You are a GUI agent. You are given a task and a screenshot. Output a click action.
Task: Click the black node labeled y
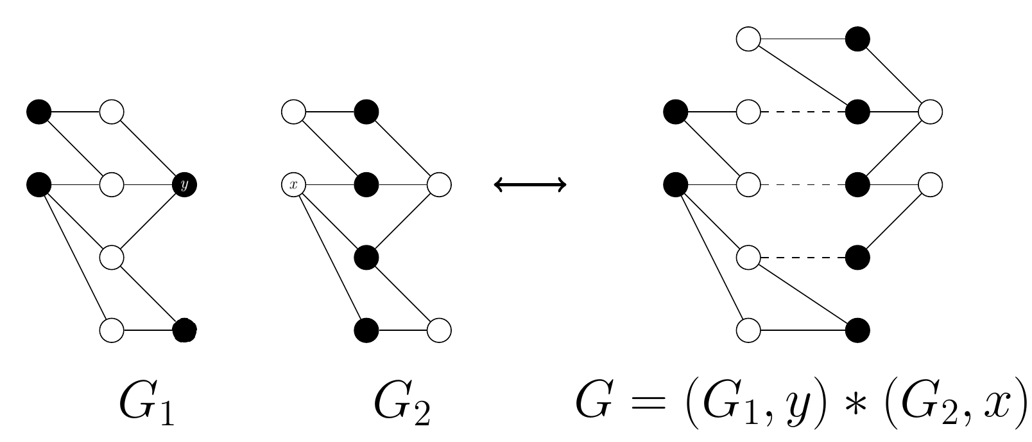coord(185,185)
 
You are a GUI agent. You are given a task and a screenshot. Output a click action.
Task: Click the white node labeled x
coord(293,185)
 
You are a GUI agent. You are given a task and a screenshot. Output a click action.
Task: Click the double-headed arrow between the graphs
coord(530,185)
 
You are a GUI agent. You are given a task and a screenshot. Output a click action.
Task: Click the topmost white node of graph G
coord(748,39)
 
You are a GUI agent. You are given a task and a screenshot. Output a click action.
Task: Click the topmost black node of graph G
coord(858,39)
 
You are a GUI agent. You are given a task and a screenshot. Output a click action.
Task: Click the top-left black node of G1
coord(39,112)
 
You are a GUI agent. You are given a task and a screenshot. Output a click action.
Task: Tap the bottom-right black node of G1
coord(185,330)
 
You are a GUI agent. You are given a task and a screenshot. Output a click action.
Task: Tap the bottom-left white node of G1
coord(112,330)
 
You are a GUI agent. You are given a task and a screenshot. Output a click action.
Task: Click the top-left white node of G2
coord(293,112)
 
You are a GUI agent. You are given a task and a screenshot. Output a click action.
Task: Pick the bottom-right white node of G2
coord(440,330)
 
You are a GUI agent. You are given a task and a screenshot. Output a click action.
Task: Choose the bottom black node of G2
coord(366,330)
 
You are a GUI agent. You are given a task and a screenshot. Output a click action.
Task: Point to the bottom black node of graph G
coord(858,330)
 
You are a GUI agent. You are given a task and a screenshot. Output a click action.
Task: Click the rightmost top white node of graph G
coord(931,112)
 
